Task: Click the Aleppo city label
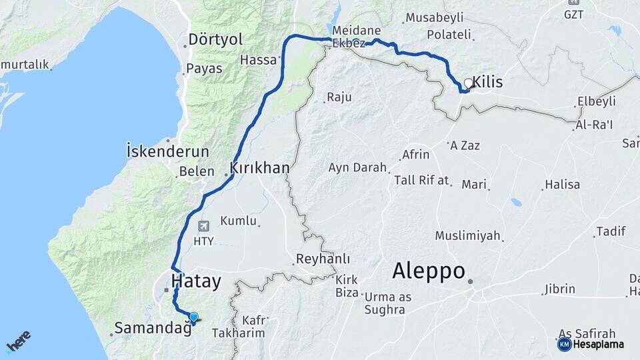(x=428, y=271)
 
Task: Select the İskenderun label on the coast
(x=167, y=151)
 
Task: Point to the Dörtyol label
(x=215, y=39)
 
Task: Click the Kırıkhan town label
(x=259, y=169)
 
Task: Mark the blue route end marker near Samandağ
(x=193, y=317)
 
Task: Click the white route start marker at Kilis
(x=468, y=84)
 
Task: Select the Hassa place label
(x=258, y=60)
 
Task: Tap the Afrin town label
(x=415, y=155)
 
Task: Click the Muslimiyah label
(x=468, y=235)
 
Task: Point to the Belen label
(x=196, y=171)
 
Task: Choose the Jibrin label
(x=559, y=289)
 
